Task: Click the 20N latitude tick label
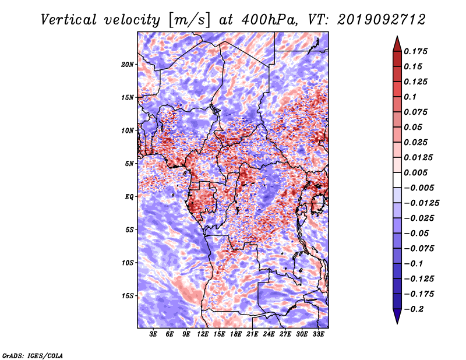click(128, 64)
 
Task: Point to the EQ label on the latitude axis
click(129, 197)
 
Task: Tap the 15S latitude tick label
click(128, 296)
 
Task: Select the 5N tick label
click(129, 164)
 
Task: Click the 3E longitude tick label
click(153, 334)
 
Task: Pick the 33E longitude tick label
click(318, 334)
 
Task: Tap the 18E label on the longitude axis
click(236, 334)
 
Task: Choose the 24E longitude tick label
click(269, 334)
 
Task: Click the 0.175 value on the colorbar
click(415, 51)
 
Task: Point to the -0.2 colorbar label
click(414, 309)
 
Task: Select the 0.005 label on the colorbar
click(415, 172)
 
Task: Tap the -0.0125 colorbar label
click(421, 203)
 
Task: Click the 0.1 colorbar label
click(410, 97)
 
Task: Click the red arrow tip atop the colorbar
click(397, 36)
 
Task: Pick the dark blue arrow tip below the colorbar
click(397, 323)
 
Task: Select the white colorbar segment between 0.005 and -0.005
click(397, 180)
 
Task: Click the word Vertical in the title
click(69, 20)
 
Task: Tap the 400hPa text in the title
click(269, 20)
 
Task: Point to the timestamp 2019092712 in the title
click(382, 20)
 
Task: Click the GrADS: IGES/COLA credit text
click(33, 356)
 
